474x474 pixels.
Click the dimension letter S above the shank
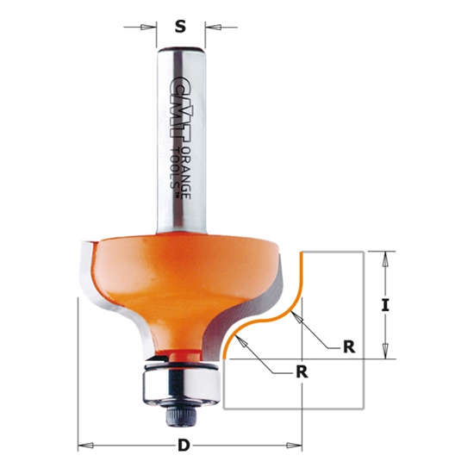(x=180, y=27)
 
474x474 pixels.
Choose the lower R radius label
(x=301, y=372)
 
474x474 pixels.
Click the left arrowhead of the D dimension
(x=84, y=446)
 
